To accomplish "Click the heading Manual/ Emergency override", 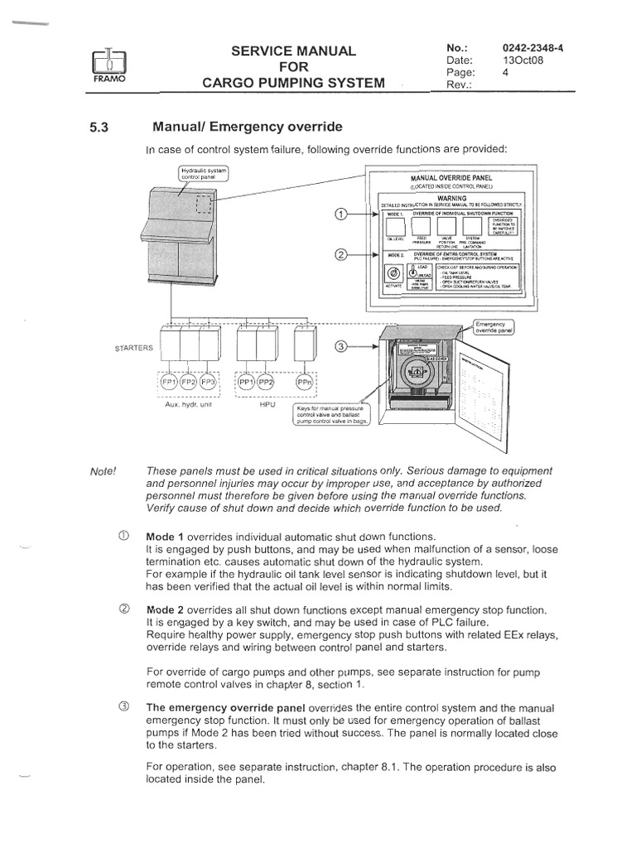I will [246, 128].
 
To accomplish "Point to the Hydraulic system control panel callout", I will [203, 173].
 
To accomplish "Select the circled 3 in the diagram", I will [340, 348].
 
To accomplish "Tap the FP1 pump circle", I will [169, 384].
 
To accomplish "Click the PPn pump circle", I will [305, 384].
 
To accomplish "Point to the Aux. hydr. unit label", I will [190, 407].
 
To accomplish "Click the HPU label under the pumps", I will [267, 407].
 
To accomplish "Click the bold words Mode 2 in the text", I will [166, 609].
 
